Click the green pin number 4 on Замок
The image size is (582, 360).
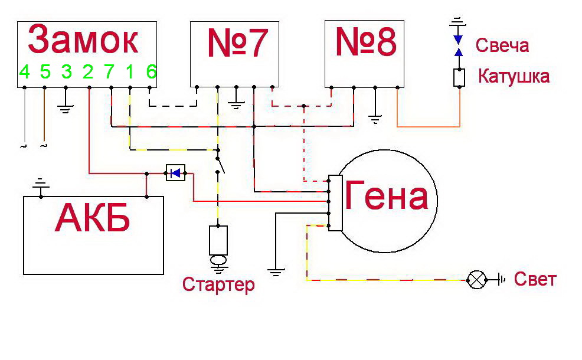pos(25,71)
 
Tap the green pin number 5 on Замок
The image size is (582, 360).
pos(45,71)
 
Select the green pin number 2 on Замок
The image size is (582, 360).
pos(88,71)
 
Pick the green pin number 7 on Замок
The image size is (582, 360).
pos(109,71)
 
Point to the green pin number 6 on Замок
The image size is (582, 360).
pos(152,71)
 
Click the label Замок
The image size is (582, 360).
pos(83,40)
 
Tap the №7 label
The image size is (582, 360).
pos(237,42)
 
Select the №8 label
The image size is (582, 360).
pos(366,41)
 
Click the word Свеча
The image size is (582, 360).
pos(502,45)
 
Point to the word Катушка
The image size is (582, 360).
pos(514,76)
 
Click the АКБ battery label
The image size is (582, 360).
pos(93,218)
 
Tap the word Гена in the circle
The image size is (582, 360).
pos(387,195)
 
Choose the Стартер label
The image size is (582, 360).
pos(218,284)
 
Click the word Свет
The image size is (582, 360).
pos(535,279)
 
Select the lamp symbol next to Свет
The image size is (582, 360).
pos(477,280)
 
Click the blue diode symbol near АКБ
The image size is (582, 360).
pos(175,173)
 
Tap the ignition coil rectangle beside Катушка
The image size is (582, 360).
pos(459,78)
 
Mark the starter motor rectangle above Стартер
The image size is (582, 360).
pos(218,240)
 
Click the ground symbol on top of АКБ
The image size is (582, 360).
pos(41,184)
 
